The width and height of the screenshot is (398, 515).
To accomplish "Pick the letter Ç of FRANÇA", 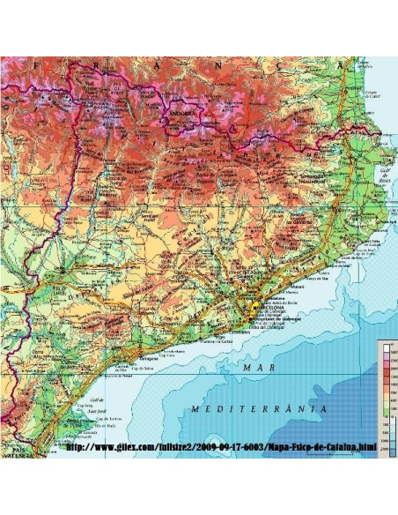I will [305, 65].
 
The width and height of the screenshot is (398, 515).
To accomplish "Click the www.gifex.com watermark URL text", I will [220, 449].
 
